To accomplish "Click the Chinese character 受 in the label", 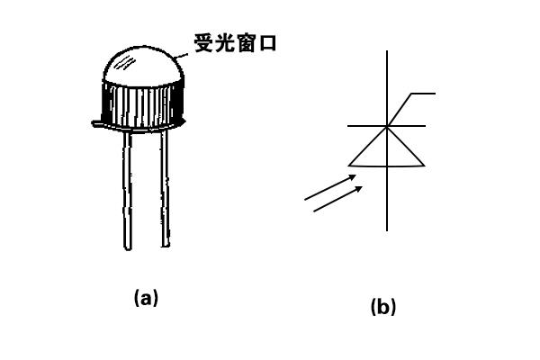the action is (x=204, y=42).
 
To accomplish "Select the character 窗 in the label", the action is (x=246, y=42).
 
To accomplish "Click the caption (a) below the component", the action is (x=146, y=298).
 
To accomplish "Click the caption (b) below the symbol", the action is (x=383, y=306).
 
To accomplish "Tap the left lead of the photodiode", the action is (x=128, y=190).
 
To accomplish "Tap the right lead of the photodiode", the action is (x=166, y=189).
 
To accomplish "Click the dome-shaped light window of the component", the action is (x=143, y=66).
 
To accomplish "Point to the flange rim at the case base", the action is (x=139, y=126).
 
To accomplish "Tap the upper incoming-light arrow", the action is (x=330, y=187).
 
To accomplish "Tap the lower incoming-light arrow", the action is (x=337, y=199).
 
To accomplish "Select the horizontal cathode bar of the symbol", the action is (x=386, y=126).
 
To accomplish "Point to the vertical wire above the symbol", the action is (x=387, y=88).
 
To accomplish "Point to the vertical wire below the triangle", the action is (x=387, y=199).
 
